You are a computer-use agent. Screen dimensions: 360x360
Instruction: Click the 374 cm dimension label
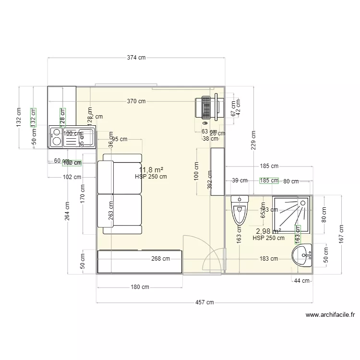pyautogui.click(x=136, y=58)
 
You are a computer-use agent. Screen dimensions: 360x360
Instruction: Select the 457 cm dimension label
pyautogui.click(x=204, y=302)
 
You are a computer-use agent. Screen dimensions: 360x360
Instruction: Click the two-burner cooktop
pyautogui.click(x=56, y=136)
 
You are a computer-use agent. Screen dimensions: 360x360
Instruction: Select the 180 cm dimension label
pyautogui.click(x=140, y=287)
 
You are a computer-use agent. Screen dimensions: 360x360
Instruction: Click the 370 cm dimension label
pyautogui.click(x=136, y=101)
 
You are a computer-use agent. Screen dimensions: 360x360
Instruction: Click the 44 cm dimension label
pyautogui.click(x=302, y=281)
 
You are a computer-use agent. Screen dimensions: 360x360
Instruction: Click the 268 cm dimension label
pyautogui.click(x=161, y=259)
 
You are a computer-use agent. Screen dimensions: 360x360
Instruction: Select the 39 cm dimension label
pyautogui.click(x=240, y=180)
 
